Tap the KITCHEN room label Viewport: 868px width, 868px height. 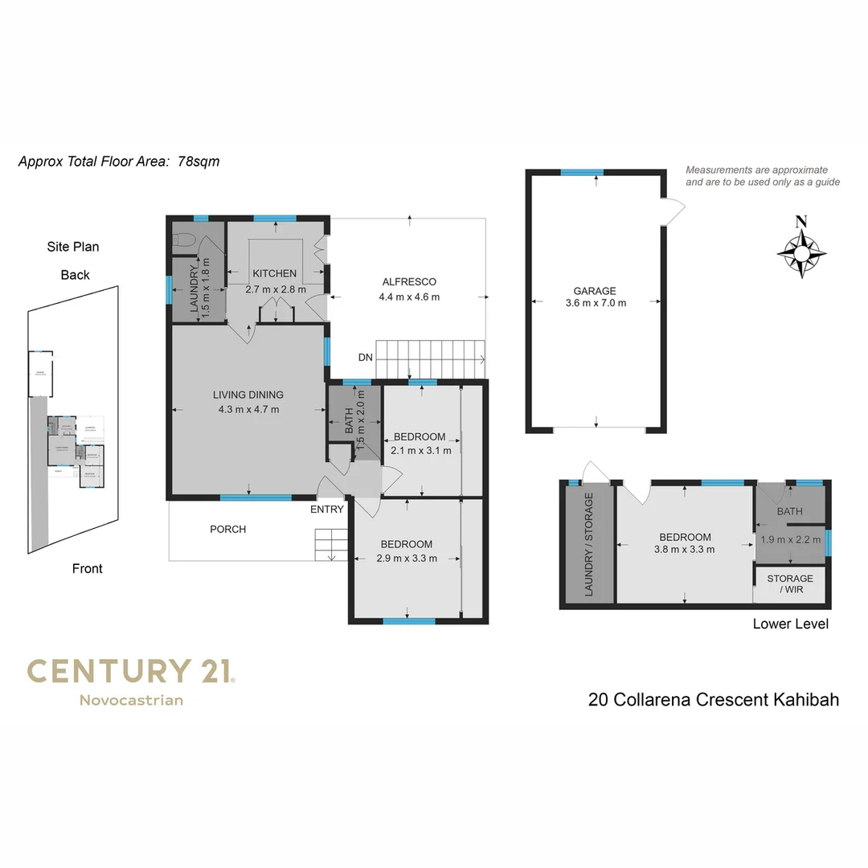point(275,273)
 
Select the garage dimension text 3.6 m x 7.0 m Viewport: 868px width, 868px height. point(595,303)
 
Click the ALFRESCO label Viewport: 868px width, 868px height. point(409,281)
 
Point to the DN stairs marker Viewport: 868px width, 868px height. point(366,358)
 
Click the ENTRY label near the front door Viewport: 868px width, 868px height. point(326,509)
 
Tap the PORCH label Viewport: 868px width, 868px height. point(227,529)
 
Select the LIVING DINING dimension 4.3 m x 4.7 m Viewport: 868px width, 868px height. point(248,409)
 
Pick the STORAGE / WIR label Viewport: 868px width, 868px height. point(790,584)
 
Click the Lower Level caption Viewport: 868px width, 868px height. point(790,624)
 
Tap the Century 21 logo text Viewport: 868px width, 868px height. point(130,671)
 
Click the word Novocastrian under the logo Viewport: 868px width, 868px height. point(131,700)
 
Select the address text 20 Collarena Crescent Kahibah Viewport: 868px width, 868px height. point(714,699)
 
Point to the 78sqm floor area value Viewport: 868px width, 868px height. point(199,162)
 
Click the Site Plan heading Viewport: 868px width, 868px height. point(72,247)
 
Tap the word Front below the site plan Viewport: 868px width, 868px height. point(87,568)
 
